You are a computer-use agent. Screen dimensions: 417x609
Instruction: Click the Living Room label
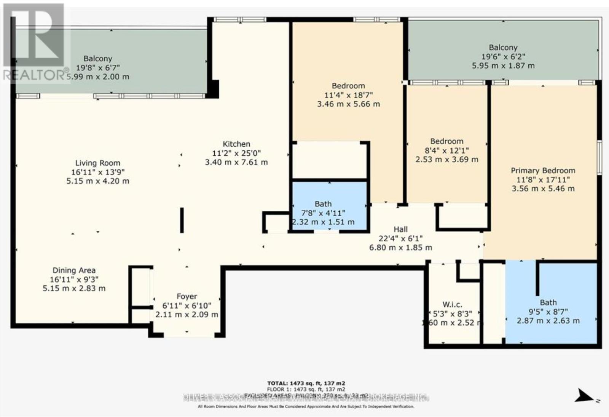tap(97, 163)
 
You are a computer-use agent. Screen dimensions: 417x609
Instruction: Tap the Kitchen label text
tap(236, 144)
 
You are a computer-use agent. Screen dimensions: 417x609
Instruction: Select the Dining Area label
tap(74, 270)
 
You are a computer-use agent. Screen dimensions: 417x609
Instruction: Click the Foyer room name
tap(187, 296)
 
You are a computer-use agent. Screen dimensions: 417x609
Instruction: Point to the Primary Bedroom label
tap(543, 170)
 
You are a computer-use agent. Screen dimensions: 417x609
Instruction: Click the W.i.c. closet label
tap(452, 305)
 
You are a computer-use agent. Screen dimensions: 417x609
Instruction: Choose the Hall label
tap(400, 229)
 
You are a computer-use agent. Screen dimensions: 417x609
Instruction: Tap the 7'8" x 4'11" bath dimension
tap(323, 213)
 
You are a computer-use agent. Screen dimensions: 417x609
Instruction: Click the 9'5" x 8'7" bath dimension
tap(548, 312)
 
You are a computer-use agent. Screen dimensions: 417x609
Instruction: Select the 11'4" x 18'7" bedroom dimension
tap(348, 95)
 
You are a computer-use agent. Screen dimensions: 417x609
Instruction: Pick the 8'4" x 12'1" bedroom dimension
tap(446, 150)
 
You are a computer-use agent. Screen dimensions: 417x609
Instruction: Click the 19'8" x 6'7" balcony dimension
tap(98, 68)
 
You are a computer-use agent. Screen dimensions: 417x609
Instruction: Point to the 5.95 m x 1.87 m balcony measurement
tap(503, 66)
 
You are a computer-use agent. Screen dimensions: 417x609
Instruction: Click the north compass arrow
tap(585, 396)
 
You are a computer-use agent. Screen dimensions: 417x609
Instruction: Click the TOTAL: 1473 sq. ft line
tap(306, 383)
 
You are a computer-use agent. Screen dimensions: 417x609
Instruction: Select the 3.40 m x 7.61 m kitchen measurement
tap(236, 162)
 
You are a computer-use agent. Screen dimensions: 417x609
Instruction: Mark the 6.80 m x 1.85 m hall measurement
tap(400, 248)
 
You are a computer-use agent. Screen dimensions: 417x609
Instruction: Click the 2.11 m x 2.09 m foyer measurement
tap(187, 315)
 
